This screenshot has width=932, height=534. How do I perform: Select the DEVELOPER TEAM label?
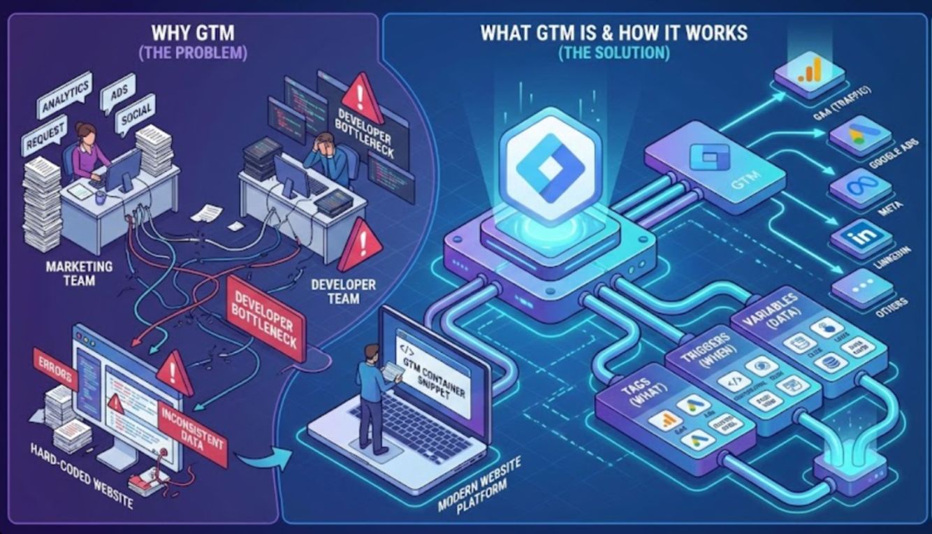pos(343,291)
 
